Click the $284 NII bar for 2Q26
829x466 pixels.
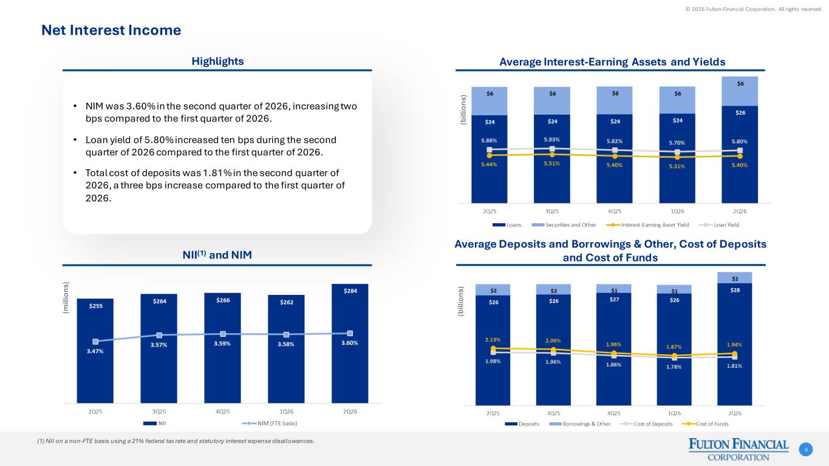tap(350, 343)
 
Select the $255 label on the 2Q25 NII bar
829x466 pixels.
tap(96, 306)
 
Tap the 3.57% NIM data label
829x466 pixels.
tap(159, 345)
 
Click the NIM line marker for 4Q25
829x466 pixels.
tap(223, 334)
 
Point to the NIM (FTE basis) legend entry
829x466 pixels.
tap(270, 423)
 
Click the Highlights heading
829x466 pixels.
tap(217, 61)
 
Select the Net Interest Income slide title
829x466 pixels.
tap(111, 30)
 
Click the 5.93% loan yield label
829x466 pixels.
tap(552, 140)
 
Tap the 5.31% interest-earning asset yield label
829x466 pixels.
tap(677, 166)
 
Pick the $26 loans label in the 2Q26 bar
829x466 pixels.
tap(740, 112)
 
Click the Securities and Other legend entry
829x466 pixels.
tap(564, 225)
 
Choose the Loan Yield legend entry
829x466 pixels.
tap(719, 225)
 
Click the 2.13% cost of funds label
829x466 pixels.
tap(493, 340)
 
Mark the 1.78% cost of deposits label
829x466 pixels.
tap(674, 367)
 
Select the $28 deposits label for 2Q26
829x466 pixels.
tap(735, 290)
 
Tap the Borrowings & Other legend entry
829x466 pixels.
tap(580, 424)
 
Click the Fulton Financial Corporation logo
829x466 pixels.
tap(739, 450)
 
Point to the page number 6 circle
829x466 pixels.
tap(806, 450)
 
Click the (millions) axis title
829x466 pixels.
tap(66, 298)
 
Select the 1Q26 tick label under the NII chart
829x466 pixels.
tap(287, 411)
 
